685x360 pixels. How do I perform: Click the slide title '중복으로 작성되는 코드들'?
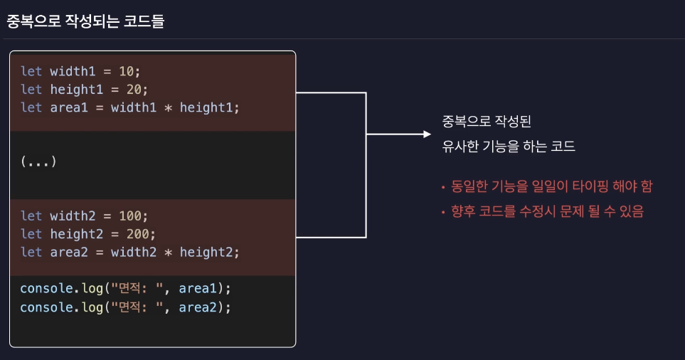coord(85,21)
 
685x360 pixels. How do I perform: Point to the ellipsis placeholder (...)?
coord(38,162)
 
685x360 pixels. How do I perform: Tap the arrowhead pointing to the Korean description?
coord(427,134)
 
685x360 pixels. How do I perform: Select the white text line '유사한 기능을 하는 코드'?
coord(508,147)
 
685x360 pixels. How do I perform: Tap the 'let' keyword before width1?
coord(31,71)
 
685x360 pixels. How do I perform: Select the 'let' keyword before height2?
coord(31,233)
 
